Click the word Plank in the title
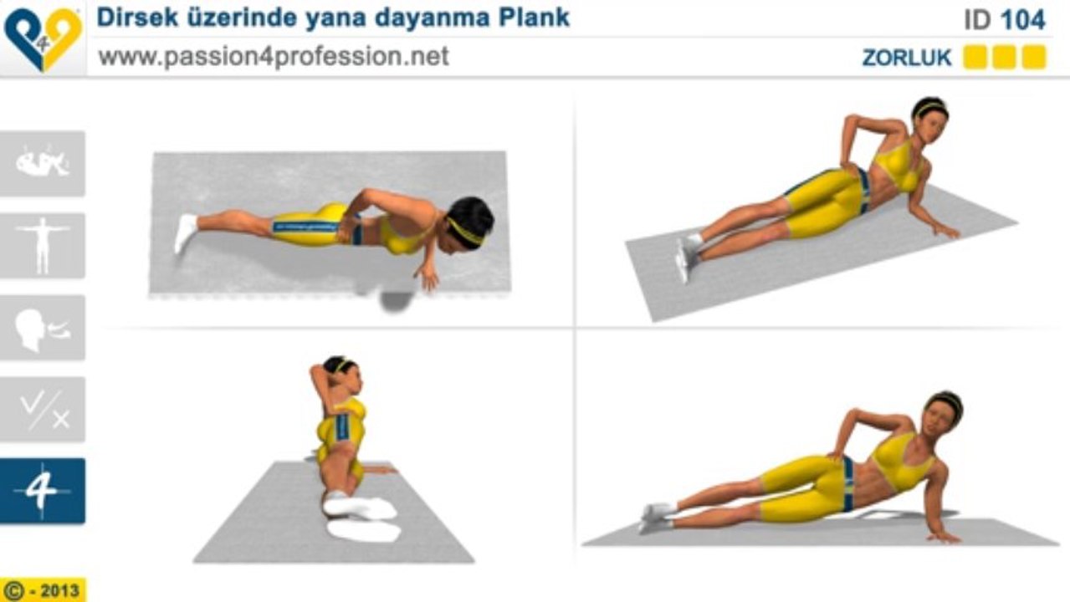[534, 18]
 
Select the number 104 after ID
[1023, 20]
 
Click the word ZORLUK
[907, 58]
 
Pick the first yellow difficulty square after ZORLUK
[975, 58]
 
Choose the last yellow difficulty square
[1034, 58]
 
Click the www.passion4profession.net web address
[274, 57]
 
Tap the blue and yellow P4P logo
[43, 39]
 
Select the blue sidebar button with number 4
[43, 491]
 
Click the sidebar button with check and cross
[43, 409]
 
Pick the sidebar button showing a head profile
[43, 328]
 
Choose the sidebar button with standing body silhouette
[43, 245]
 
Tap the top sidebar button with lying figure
[43, 163]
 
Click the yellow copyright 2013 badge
[43, 590]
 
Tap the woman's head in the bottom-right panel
[943, 416]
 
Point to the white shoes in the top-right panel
[688, 254]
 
